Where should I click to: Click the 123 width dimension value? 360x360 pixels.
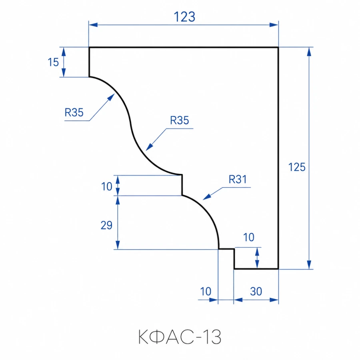pos(184,17)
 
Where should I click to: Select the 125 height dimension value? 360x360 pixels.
pos(297,167)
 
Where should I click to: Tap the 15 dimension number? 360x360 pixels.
pos(53,62)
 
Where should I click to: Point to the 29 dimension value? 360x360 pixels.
pos(106,225)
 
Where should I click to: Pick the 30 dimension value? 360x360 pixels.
pos(256,291)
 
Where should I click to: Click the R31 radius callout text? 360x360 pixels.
pos(238,179)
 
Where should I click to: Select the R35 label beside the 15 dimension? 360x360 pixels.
pos(74,112)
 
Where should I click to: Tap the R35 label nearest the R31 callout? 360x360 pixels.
pos(180,120)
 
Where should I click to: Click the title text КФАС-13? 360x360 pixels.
pos(180,337)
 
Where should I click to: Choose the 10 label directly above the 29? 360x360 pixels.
pos(107,186)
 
